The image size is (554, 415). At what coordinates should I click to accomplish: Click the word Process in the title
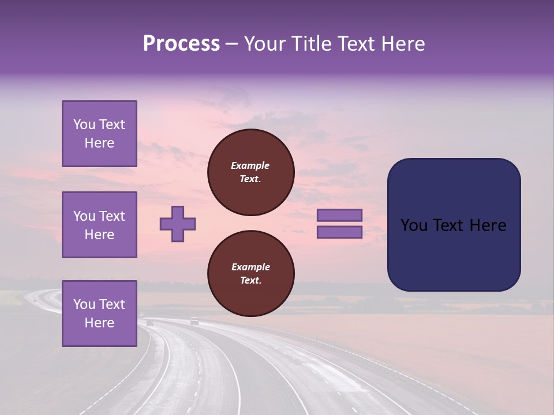(181, 44)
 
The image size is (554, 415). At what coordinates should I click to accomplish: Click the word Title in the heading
(310, 44)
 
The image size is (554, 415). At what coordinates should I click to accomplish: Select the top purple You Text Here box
(99, 134)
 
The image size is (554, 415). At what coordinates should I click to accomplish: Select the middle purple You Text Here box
(99, 225)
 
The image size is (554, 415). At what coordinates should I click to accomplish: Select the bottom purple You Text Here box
(99, 314)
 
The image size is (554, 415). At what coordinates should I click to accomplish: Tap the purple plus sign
(178, 224)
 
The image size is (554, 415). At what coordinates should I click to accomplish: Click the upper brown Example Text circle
(250, 172)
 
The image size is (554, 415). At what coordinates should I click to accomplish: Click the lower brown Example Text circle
(250, 274)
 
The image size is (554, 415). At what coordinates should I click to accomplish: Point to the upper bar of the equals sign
(339, 216)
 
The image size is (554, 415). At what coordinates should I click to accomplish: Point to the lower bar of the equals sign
(339, 232)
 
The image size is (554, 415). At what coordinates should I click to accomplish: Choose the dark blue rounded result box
(454, 225)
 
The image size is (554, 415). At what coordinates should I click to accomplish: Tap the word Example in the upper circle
(250, 165)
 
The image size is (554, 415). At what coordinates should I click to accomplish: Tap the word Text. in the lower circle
(250, 281)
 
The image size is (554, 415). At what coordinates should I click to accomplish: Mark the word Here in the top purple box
(99, 143)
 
